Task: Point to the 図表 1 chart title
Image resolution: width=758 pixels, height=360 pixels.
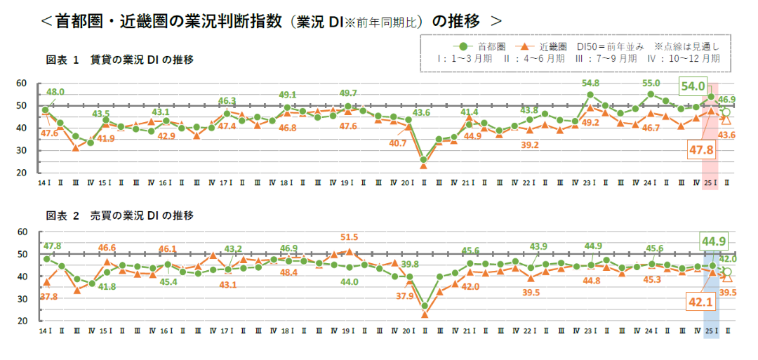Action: pos(119,60)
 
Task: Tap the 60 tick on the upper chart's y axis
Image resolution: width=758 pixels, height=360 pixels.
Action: pos(21,84)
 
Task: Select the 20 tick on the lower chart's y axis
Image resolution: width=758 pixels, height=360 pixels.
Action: pos(21,321)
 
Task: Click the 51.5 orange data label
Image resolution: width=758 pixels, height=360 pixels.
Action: pos(349,237)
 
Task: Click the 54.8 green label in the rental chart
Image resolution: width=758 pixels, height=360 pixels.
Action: pos(591,84)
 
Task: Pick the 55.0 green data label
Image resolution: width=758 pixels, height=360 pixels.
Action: pos(651,83)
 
